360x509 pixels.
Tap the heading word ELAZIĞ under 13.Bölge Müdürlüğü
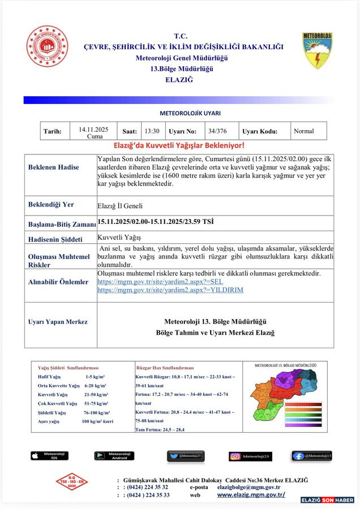(179, 80)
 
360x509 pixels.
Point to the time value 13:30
(152, 131)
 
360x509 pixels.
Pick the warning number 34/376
(217, 131)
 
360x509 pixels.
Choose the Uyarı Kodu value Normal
(303, 131)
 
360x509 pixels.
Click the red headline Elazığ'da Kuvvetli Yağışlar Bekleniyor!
(179, 146)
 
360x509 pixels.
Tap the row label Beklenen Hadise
(54, 167)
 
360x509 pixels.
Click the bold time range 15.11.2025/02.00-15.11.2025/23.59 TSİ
(155, 221)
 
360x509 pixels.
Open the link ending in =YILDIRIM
(170, 290)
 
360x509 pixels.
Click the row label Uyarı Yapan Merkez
(58, 322)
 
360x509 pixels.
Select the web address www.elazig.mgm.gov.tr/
(251, 495)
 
